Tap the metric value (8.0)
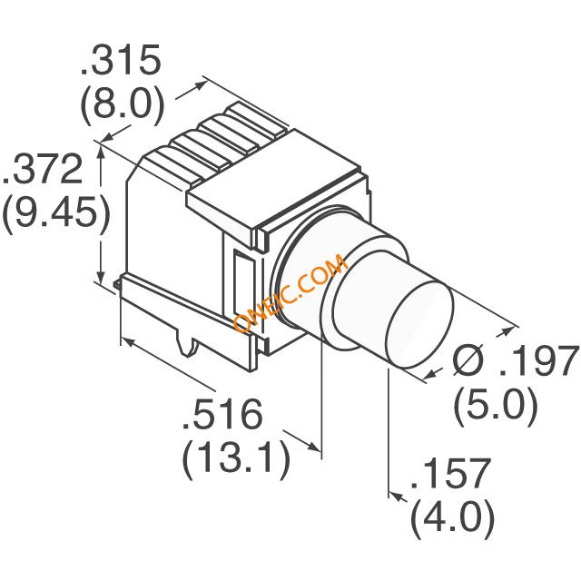pyautogui.click(x=122, y=107)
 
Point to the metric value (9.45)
pyautogui.click(x=56, y=215)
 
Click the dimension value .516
pyautogui.click(x=223, y=417)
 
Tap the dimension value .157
pyautogui.click(x=450, y=475)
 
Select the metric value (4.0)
pyautogui.click(x=452, y=520)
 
